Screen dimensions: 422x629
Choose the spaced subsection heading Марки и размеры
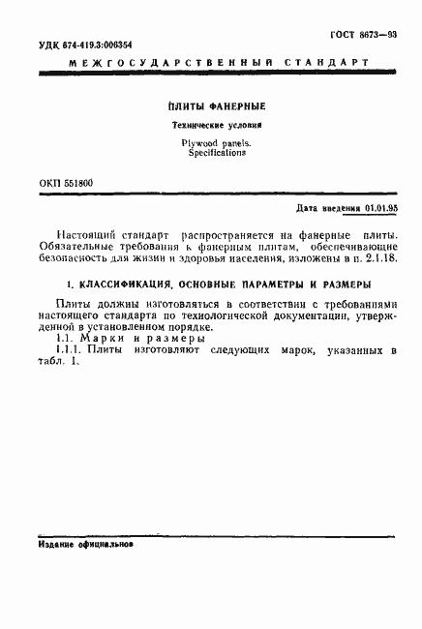(144, 339)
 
